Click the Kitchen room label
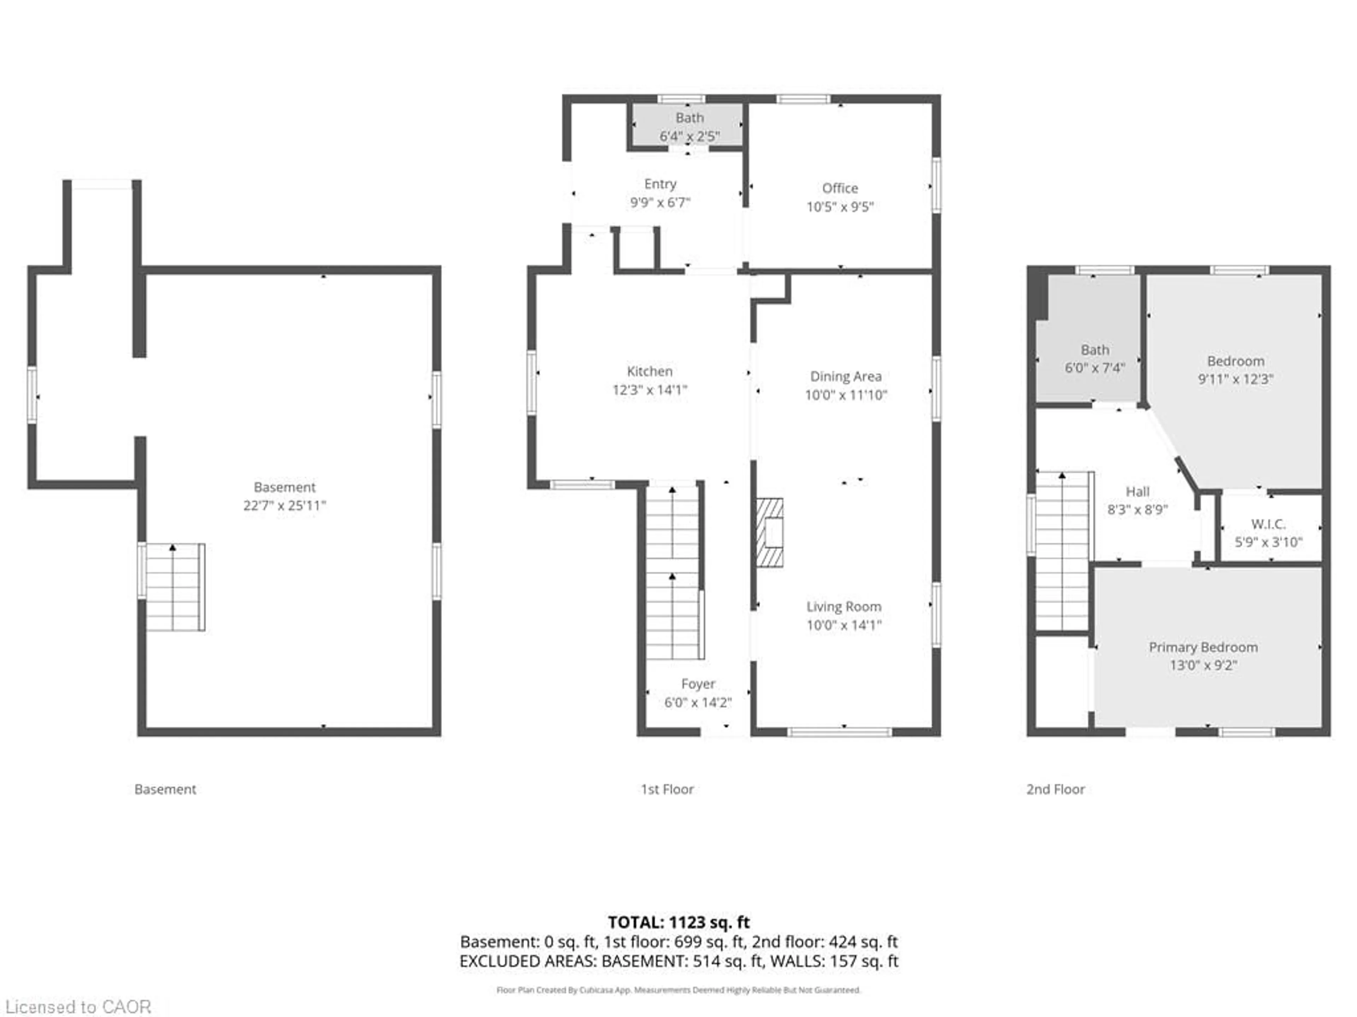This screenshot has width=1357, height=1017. pos(650,371)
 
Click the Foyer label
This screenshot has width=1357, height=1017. pos(698,684)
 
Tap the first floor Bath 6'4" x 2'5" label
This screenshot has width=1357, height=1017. pos(689,126)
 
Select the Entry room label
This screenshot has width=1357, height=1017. pos(660,184)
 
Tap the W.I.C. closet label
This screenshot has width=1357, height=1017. pos(1268,524)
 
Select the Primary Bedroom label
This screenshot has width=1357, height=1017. pos(1203,647)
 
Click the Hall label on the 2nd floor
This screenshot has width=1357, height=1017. pos(1138,492)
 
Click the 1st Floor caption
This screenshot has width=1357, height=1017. pos(667,789)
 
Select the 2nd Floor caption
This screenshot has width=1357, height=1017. pos(1055,789)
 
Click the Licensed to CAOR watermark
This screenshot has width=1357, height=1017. pos(78,1006)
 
